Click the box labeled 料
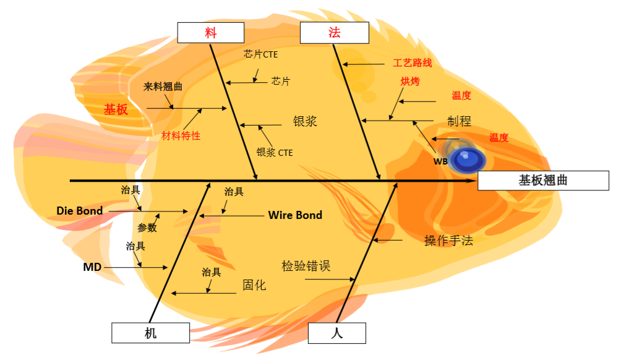coord(210,33)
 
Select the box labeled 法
coord(334,33)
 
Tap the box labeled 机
coord(150,333)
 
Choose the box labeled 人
coord(337,333)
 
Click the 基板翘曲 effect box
coord(543,181)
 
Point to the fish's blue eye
coord(468,160)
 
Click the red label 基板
coord(116,109)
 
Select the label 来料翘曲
coord(163,87)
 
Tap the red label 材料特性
coord(181,135)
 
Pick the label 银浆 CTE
coord(275,152)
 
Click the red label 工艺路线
coord(413,63)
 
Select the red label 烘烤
coord(410,81)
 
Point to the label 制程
coord(459,121)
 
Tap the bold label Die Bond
coord(80,211)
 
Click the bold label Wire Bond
coord(295,215)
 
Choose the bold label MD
coord(92,267)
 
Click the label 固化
coord(254,285)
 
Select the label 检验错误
coord(306,266)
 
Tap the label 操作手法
coord(448,241)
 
